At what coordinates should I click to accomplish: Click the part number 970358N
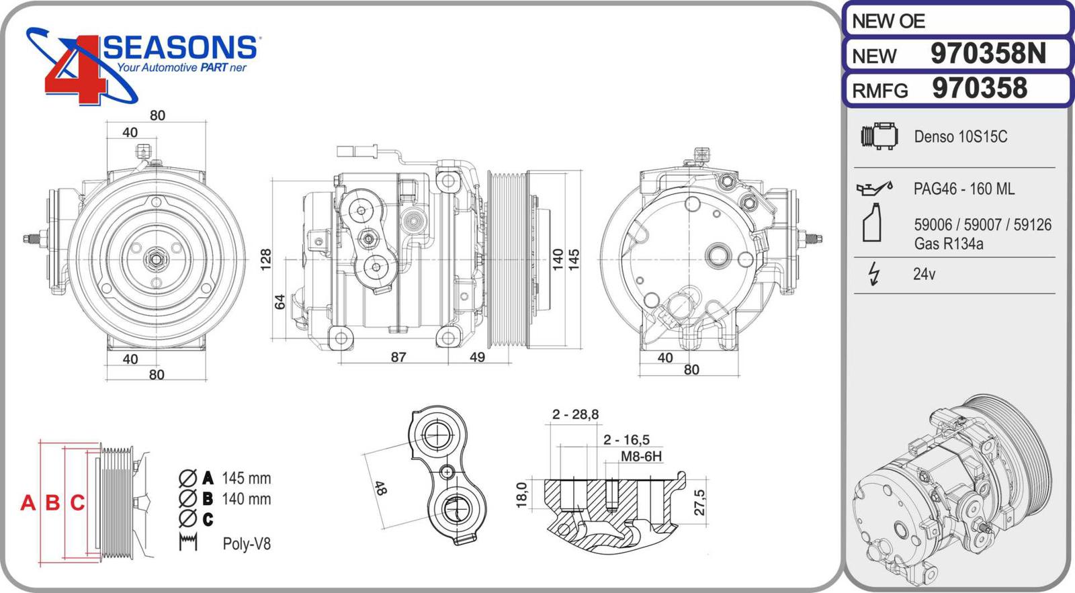click(988, 54)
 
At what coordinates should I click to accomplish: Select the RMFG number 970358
click(980, 89)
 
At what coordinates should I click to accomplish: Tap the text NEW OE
click(888, 21)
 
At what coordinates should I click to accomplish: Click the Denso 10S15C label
click(960, 137)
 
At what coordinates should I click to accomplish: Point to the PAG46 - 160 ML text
click(963, 189)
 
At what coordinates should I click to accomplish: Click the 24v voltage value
click(924, 274)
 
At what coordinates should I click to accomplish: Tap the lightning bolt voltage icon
click(873, 274)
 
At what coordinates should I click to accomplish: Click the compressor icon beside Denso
click(879, 136)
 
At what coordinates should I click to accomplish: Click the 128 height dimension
click(266, 259)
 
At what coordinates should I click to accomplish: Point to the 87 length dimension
click(398, 357)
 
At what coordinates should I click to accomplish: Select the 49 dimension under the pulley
click(477, 357)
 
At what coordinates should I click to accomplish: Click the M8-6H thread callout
click(641, 457)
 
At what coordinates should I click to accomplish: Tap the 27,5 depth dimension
click(700, 502)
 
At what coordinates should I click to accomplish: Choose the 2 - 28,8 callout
click(575, 414)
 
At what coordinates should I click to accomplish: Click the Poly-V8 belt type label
click(247, 544)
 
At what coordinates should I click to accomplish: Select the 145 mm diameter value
click(246, 479)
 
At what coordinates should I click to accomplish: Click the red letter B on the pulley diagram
click(52, 502)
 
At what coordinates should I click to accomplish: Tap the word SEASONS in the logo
click(180, 48)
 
